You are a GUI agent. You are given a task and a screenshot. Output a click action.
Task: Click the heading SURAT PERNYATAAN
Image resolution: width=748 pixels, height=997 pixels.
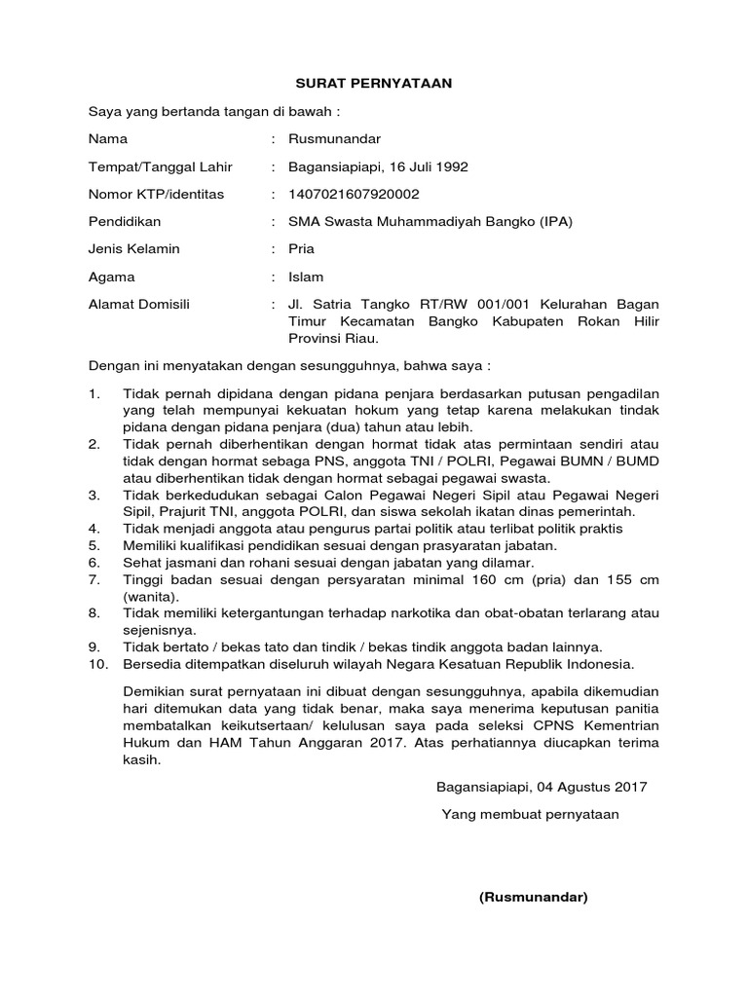pyautogui.click(x=374, y=84)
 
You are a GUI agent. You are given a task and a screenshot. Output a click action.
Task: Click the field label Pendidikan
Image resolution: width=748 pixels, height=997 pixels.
pyautogui.click(x=125, y=221)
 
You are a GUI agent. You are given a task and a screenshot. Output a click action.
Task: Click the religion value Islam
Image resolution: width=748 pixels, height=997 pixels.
pyautogui.click(x=305, y=277)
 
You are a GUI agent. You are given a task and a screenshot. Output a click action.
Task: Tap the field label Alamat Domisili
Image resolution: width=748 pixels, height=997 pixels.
pyautogui.click(x=139, y=304)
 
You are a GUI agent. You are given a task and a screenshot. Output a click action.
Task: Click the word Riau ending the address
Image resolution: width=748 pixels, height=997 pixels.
pyautogui.click(x=359, y=339)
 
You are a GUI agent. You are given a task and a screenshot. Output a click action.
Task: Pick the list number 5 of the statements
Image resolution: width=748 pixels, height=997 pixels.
pyautogui.click(x=93, y=545)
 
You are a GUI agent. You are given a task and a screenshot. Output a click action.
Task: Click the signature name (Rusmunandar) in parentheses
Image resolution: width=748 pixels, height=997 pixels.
pyautogui.click(x=534, y=897)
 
